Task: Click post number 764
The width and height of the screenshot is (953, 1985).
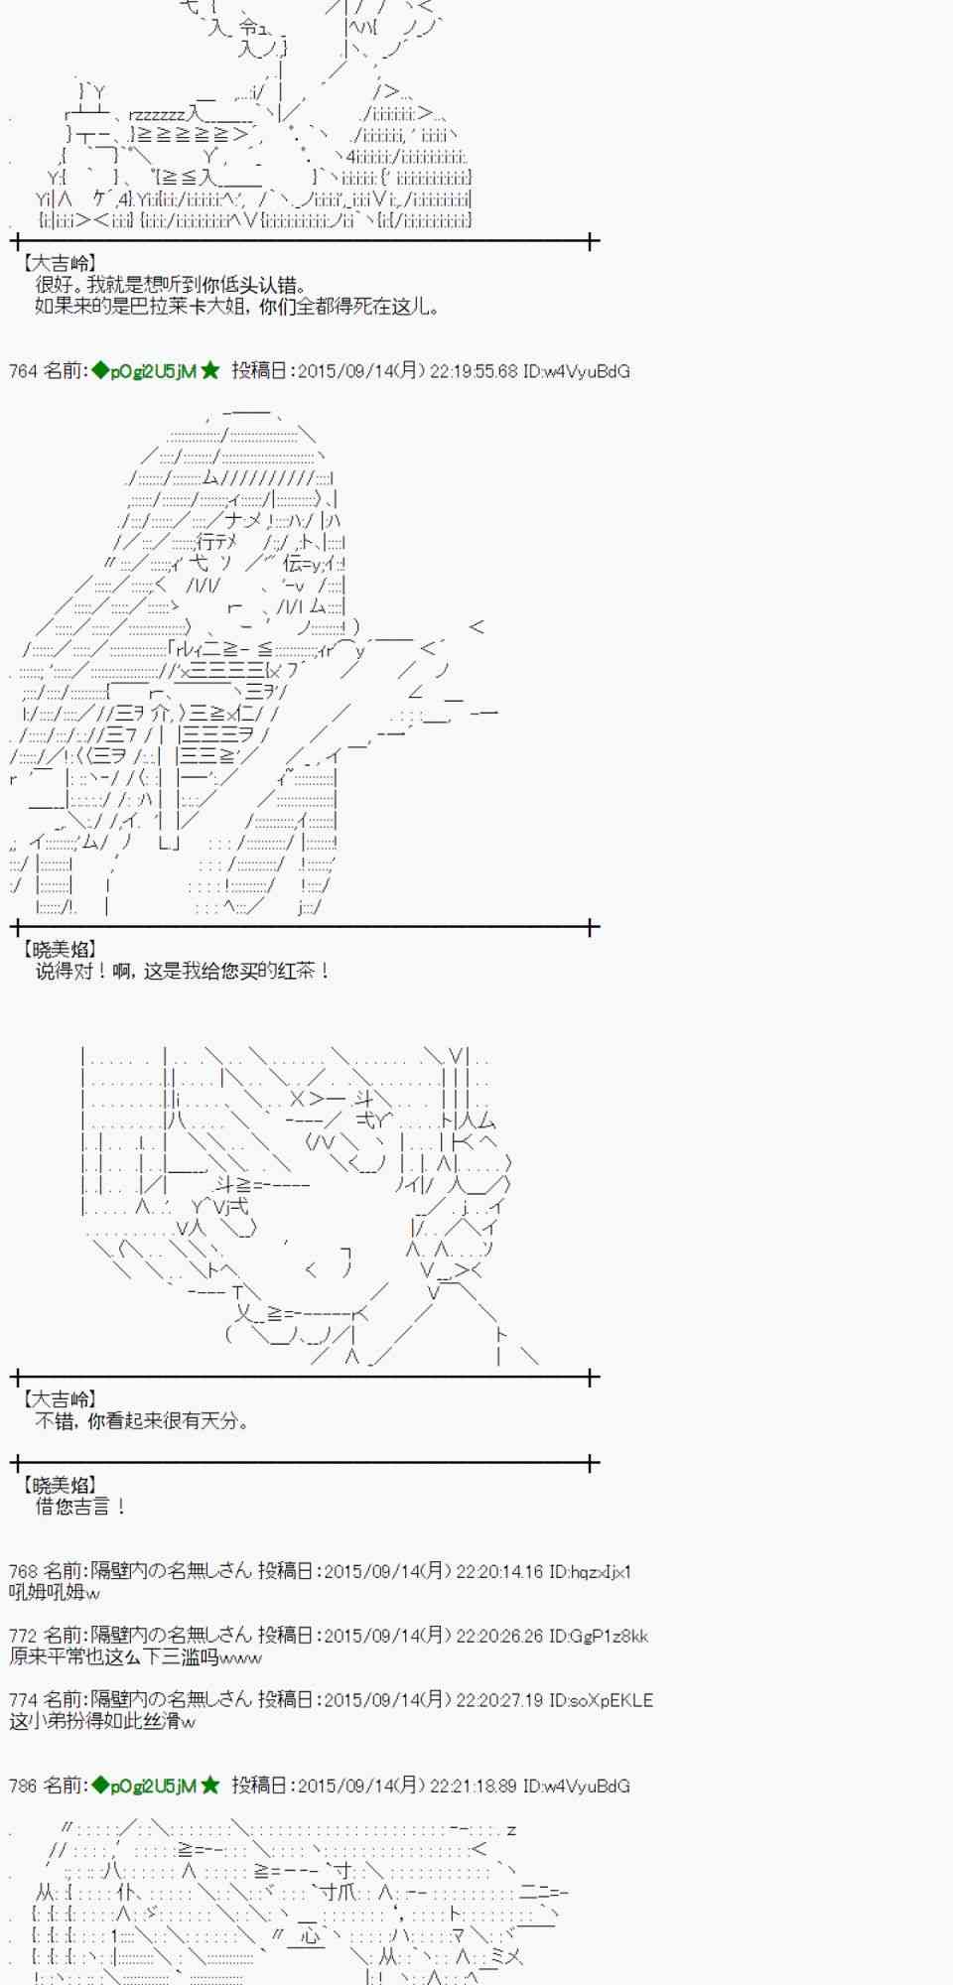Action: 23,371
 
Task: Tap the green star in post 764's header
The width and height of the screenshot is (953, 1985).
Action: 210,371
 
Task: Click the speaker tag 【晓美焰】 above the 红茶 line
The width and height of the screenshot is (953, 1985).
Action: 59,950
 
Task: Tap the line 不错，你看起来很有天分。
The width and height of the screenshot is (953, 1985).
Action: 142,1421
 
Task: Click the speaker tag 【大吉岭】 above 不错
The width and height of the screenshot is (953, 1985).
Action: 59,1399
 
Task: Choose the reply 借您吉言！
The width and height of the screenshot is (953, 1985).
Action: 81,1507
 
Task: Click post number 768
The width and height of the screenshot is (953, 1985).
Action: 23,1572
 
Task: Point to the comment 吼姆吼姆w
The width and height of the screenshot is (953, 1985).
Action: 55,1593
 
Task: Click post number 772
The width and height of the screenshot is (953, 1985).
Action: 23,1636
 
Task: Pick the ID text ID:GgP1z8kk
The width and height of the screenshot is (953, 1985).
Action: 599,1636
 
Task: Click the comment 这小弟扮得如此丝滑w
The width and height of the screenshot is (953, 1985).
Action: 102,1721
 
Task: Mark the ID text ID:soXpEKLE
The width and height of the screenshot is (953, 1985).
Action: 602,1700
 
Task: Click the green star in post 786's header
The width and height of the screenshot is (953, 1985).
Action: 210,1786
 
